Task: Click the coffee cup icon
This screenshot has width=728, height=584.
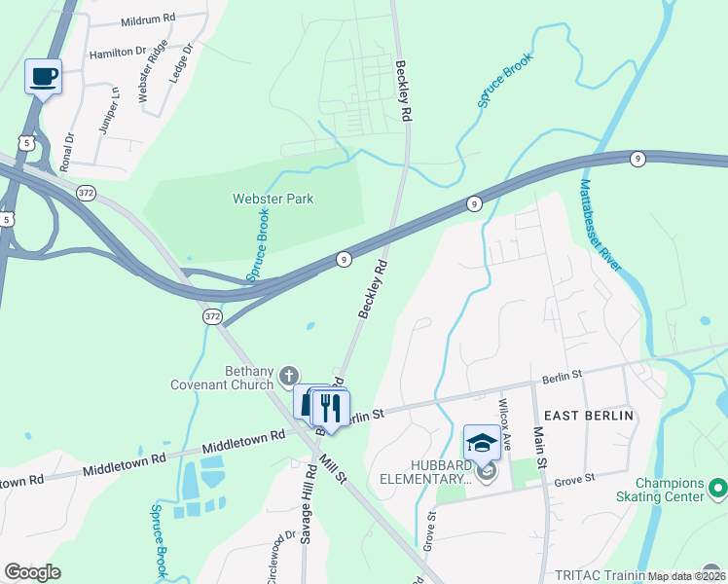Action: tap(43, 76)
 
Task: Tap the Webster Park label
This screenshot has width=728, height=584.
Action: tap(273, 199)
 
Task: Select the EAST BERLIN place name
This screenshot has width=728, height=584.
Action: tap(588, 416)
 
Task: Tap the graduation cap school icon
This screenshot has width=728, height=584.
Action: tap(482, 443)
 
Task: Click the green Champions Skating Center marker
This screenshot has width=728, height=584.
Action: tap(718, 486)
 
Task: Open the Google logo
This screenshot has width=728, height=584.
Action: tap(32, 572)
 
